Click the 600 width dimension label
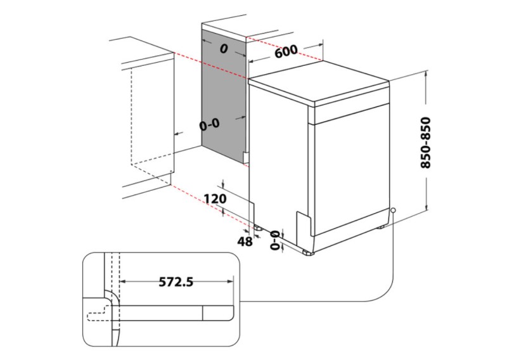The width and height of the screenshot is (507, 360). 286,53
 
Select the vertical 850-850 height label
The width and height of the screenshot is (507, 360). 426,143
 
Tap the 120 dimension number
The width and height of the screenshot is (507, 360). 215,200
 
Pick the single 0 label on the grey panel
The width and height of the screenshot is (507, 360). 223,49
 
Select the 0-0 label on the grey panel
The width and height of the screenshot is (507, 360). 209,125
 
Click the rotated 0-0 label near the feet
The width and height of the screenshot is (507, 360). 275,240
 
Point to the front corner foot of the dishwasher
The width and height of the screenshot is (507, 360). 308,252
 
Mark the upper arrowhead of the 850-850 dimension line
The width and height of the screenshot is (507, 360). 426,75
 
